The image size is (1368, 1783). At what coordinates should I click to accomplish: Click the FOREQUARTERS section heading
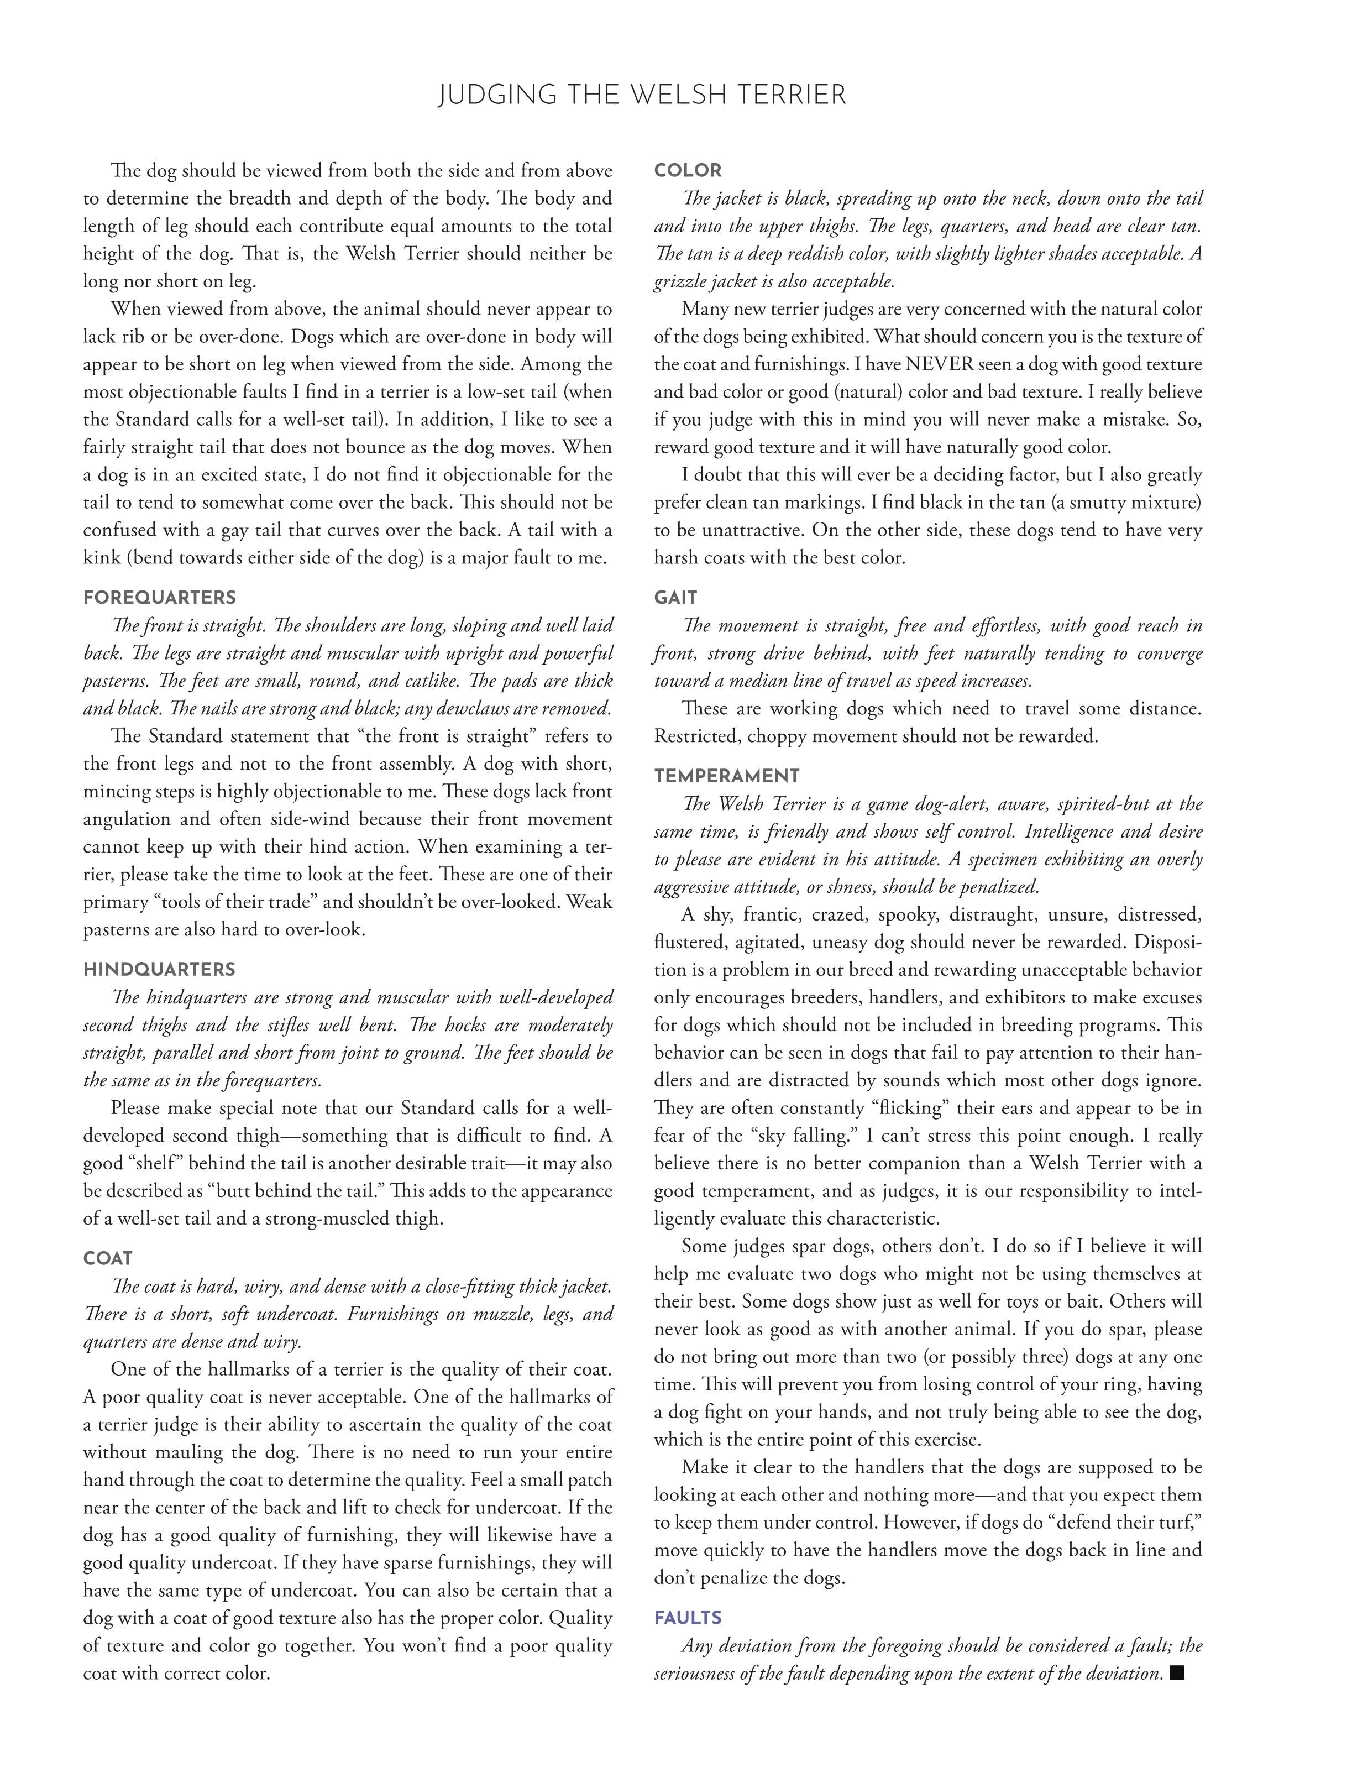tap(160, 598)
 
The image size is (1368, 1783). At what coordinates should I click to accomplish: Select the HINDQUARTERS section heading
tap(160, 969)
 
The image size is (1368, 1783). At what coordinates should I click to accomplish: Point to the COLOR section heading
tap(688, 171)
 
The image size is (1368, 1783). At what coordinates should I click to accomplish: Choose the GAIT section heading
tap(676, 598)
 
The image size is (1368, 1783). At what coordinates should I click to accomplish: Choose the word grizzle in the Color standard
tap(679, 282)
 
